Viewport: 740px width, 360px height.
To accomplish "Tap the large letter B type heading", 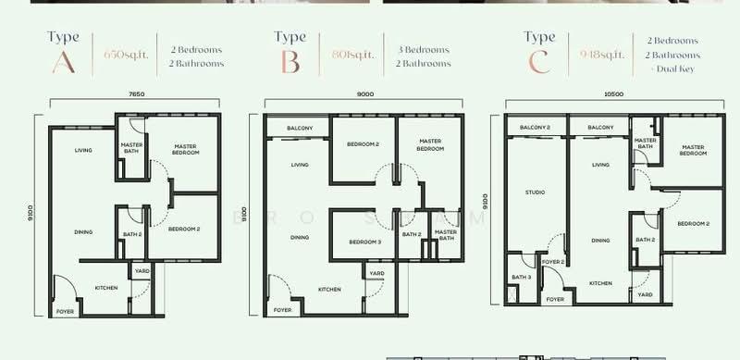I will pyautogui.click(x=290, y=64).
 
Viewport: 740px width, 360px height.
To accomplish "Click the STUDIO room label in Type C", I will pyautogui.click(x=536, y=192).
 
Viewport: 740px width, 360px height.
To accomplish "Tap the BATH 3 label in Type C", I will pyautogui.click(x=522, y=278).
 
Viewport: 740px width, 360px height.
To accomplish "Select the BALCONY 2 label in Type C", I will pyautogui.click(x=535, y=127).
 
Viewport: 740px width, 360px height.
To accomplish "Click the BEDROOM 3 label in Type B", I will pyautogui.click(x=364, y=242).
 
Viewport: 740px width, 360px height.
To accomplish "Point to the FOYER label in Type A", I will pyautogui.click(x=65, y=312).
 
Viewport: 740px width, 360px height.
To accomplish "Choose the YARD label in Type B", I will pyautogui.click(x=377, y=273).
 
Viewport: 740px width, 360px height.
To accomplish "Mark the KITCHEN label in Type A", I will pyautogui.click(x=106, y=289).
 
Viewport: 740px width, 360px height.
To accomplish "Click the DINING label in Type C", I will pyautogui.click(x=601, y=240).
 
